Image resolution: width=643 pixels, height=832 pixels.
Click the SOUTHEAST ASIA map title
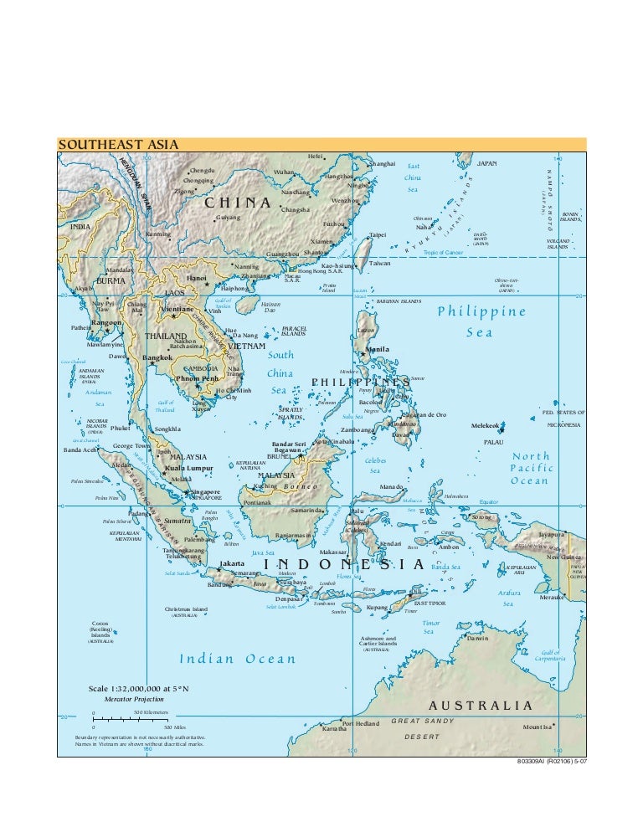(x=118, y=145)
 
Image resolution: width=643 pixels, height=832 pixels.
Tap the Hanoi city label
(x=197, y=278)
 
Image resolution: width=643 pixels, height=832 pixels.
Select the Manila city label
(x=378, y=349)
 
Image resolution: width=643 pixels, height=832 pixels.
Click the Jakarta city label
(x=232, y=564)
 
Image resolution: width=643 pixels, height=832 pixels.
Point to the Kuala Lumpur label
(x=188, y=468)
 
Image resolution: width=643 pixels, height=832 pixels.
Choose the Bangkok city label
(x=157, y=358)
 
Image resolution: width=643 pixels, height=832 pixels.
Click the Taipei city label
(x=378, y=235)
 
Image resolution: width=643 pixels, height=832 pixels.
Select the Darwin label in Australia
(x=477, y=638)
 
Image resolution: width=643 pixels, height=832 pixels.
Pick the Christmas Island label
(x=186, y=609)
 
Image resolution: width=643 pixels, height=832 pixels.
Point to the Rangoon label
(x=106, y=322)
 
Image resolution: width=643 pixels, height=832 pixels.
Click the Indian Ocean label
(x=239, y=659)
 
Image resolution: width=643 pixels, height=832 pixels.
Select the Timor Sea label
(x=430, y=627)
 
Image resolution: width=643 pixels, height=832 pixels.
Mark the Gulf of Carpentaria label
(x=550, y=655)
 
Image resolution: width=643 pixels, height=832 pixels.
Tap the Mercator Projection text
(x=134, y=698)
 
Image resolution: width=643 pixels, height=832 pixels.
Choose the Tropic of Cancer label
(x=444, y=252)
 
